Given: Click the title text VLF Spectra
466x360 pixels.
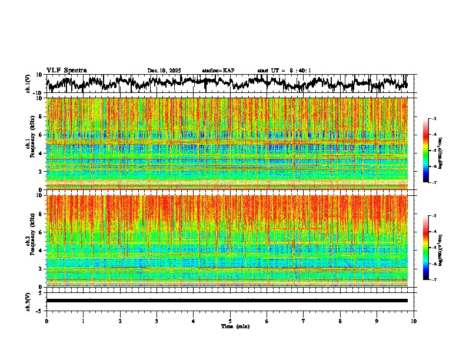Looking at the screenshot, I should (x=66, y=70).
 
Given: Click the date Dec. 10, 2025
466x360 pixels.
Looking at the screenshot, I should (x=164, y=71).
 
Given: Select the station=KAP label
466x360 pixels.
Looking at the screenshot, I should (x=218, y=71).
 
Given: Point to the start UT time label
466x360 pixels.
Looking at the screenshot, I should (x=284, y=71).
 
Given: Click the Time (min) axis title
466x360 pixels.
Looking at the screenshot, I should (x=235, y=326).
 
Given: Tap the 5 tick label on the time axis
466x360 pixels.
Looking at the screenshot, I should (x=230, y=321).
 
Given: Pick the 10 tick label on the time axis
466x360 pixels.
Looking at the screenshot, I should (x=414, y=321).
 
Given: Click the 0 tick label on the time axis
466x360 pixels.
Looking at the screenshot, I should (x=46, y=321).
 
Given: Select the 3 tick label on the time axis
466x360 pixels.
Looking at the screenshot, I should (x=157, y=321).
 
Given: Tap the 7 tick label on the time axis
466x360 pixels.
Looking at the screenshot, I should (x=304, y=321).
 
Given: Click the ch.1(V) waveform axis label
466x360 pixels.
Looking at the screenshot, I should (x=28, y=84).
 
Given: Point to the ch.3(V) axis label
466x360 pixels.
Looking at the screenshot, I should (x=28, y=301).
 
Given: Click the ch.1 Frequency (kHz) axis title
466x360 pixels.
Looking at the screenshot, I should (x=29, y=144).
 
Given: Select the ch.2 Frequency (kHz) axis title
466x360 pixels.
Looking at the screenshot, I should (x=29, y=241).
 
